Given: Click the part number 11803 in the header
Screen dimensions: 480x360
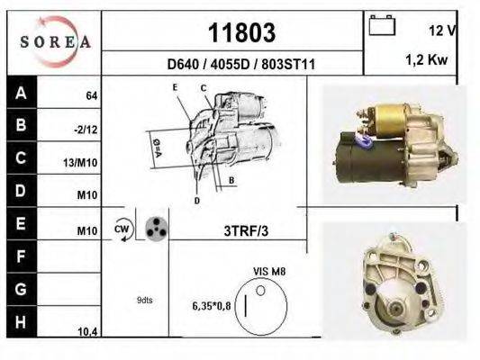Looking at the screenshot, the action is coord(241,32).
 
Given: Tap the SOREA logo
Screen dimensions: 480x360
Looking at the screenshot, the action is coord(55,41).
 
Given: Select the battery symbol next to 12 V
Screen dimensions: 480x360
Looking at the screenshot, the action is coord(382,25).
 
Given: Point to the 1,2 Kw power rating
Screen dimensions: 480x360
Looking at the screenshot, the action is coord(427,59).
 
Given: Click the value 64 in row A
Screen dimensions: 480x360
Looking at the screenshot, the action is coord(92,95).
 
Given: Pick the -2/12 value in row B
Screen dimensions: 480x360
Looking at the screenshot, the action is coord(86,130).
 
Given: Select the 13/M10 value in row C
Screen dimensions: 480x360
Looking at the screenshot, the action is coord(80,163).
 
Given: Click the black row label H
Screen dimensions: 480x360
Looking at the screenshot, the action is coord(22,322).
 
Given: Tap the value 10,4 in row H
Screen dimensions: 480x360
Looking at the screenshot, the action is coord(87,332).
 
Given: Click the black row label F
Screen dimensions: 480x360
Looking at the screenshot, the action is coord(22,256).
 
